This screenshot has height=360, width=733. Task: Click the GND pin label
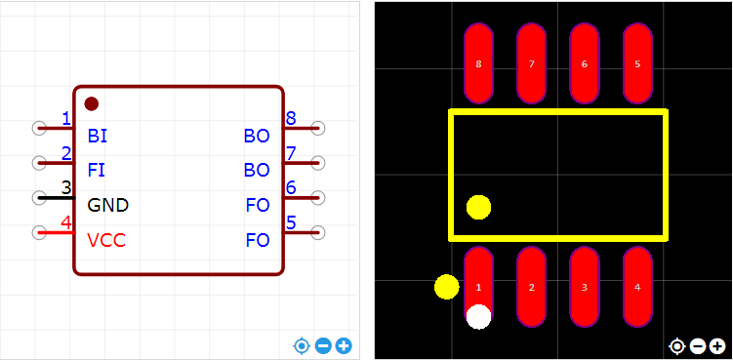[x=108, y=205]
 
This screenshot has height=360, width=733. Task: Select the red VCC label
[x=106, y=240]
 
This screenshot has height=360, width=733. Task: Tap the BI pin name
[x=98, y=136]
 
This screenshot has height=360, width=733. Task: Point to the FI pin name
[x=97, y=170]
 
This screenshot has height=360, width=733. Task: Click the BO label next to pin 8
[x=257, y=136]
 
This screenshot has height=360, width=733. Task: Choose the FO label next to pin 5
[x=258, y=240]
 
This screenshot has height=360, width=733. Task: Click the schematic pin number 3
[x=66, y=188]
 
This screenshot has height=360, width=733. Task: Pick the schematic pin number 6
[x=291, y=188]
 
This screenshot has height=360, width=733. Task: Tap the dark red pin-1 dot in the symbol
[x=91, y=103]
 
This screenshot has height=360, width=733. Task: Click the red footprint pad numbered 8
[x=478, y=63]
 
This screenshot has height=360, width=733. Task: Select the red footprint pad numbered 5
[x=637, y=63]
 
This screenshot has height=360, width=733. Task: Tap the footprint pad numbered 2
[x=532, y=287]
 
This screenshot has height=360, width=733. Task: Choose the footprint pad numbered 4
[x=637, y=287]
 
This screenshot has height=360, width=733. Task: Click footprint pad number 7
[x=532, y=63]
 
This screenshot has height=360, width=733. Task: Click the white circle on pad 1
[x=478, y=316]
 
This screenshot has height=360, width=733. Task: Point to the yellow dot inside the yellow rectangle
[x=478, y=207]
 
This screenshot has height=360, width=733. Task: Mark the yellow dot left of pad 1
[x=447, y=287]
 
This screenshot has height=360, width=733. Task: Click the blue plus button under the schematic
[x=345, y=346]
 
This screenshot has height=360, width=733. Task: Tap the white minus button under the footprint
[x=698, y=346]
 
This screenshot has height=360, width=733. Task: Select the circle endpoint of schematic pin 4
[x=39, y=232]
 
